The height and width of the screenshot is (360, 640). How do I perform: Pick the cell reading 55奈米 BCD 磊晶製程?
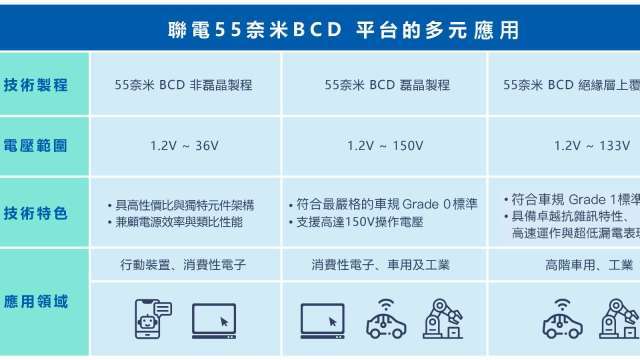[387, 85]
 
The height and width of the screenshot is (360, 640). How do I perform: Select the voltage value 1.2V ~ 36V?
[184, 146]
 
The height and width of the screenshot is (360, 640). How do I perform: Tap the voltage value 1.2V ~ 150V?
[385, 146]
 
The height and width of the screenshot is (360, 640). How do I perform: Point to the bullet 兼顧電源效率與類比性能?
[179, 222]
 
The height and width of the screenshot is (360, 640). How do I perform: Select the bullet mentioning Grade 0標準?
[388, 204]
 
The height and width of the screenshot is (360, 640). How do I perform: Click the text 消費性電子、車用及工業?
[381, 266]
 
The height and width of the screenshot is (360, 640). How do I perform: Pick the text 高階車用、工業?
[589, 266]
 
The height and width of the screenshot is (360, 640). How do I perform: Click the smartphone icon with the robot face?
[150, 319]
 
